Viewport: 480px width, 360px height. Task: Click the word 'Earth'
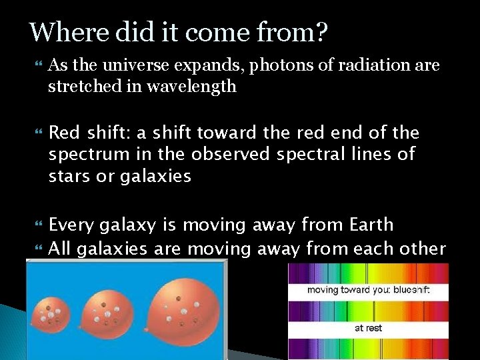[x=368, y=225]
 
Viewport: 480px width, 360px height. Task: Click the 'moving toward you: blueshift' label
[x=369, y=291]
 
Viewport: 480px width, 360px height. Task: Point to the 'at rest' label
[x=368, y=328]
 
